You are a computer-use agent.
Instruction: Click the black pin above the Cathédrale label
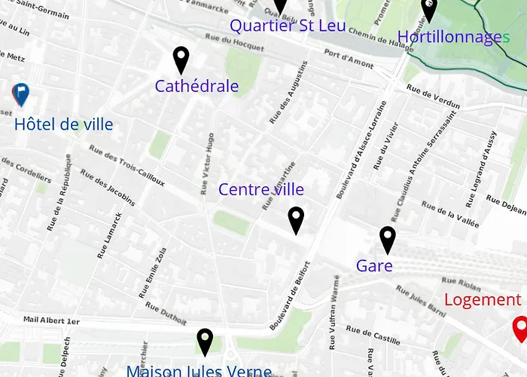tap(181, 60)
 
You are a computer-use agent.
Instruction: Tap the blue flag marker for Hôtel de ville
tap(21, 94)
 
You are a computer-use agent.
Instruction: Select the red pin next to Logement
tap(519, 328)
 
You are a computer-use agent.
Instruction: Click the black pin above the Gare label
tap(387, 239)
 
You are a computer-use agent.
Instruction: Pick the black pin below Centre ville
tap(296, 220)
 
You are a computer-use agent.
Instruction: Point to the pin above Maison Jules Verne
tap(204, 341)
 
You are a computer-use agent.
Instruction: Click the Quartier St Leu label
tap(288, 26)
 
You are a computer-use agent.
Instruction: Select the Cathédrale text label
tap(196, 87)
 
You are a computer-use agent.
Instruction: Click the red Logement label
tap(483, 299)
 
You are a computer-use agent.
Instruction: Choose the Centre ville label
tap(261, 189)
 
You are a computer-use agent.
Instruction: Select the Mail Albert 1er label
tap(51, 320)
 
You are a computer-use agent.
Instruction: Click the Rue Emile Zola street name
tap(151, 273)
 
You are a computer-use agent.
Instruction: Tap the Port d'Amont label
tap(349, 60)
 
